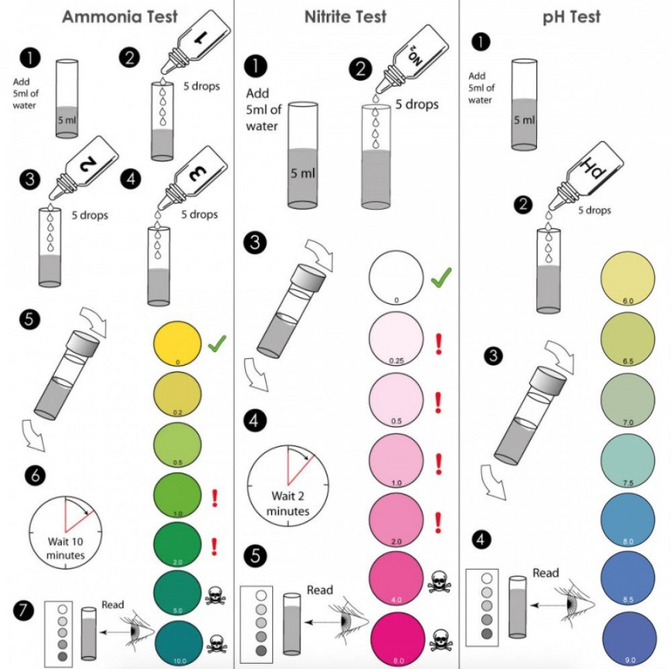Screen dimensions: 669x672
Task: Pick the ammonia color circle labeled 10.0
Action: [x=177, y=643]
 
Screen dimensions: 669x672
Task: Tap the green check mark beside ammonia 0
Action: [x=217, y=345]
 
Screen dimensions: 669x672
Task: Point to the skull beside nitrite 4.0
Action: [x=439, y=582]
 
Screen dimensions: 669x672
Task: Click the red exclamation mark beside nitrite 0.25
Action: [x=438, y=342]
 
